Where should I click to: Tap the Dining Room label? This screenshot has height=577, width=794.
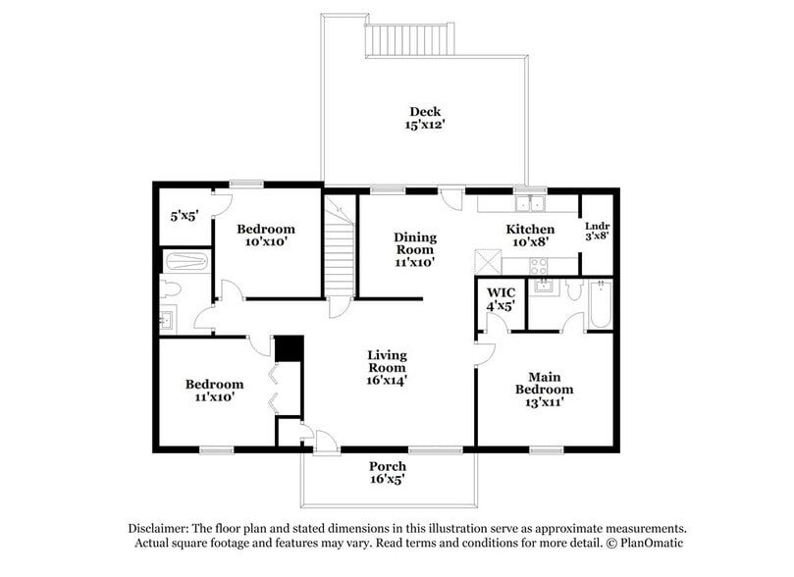[414, 249]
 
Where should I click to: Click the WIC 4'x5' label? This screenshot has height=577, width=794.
[501, 298]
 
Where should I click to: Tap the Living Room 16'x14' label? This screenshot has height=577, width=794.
[387, 367]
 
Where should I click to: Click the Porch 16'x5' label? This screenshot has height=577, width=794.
[387, 472]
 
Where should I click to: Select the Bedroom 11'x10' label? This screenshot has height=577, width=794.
[214, 391]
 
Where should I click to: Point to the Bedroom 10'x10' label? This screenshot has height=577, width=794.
[266, 236]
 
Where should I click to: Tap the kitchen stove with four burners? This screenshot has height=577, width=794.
[539, 264]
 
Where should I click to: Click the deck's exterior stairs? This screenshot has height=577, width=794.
[410, 40]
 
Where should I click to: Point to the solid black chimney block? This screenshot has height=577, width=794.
[289, 349]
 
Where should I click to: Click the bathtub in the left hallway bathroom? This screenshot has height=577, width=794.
[185, 263]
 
